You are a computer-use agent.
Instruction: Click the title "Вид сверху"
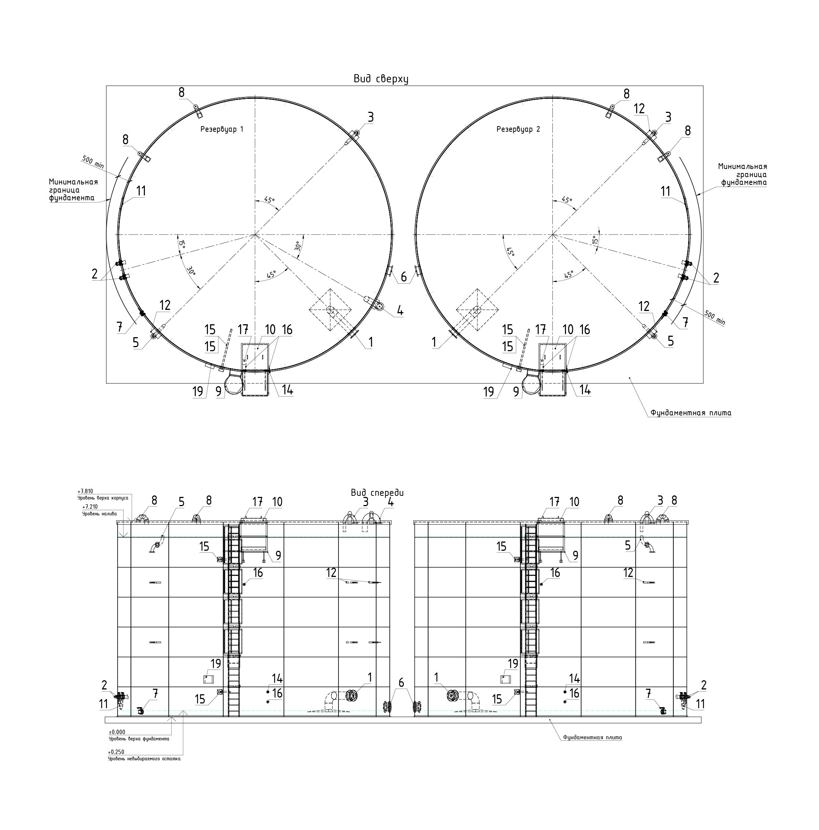(x=381, y=79)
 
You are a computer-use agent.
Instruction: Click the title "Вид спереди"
(x=377, y=493)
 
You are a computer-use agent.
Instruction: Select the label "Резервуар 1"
(x=222, y=129)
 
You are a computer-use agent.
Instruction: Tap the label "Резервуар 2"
(x=518, y=129)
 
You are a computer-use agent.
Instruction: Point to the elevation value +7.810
(x=85, y=491)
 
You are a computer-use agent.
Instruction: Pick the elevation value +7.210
(x=90, y=507)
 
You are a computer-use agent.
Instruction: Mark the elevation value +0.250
(x=116, y=752)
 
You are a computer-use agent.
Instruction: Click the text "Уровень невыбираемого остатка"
(x=144, y=759)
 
